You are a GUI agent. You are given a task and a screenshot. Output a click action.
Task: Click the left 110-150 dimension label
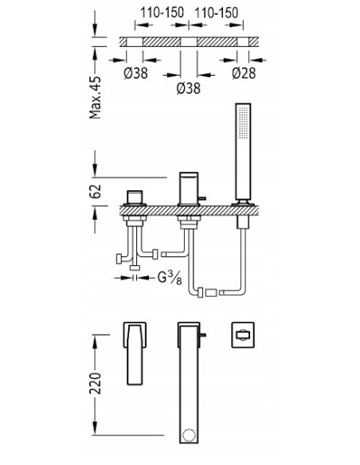tap(162, 13)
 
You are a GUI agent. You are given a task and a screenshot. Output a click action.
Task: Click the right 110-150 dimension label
tap(216, 13)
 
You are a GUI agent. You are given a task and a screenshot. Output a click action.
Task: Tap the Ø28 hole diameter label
tap(244, 73)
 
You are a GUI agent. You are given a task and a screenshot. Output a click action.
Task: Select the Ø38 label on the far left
tap(135, 73)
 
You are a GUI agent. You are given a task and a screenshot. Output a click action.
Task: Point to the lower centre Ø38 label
tap(189, 88)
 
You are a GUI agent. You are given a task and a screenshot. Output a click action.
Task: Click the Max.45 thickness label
tap(96, 97)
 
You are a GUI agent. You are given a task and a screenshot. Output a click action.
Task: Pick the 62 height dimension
tap(96, 191)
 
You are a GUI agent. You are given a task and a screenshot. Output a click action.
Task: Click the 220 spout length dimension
tap(96, 383)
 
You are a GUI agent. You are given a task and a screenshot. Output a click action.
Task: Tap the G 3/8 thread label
tap(170, 278)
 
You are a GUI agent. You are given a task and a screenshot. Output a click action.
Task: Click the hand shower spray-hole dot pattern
tap(244, 122)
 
